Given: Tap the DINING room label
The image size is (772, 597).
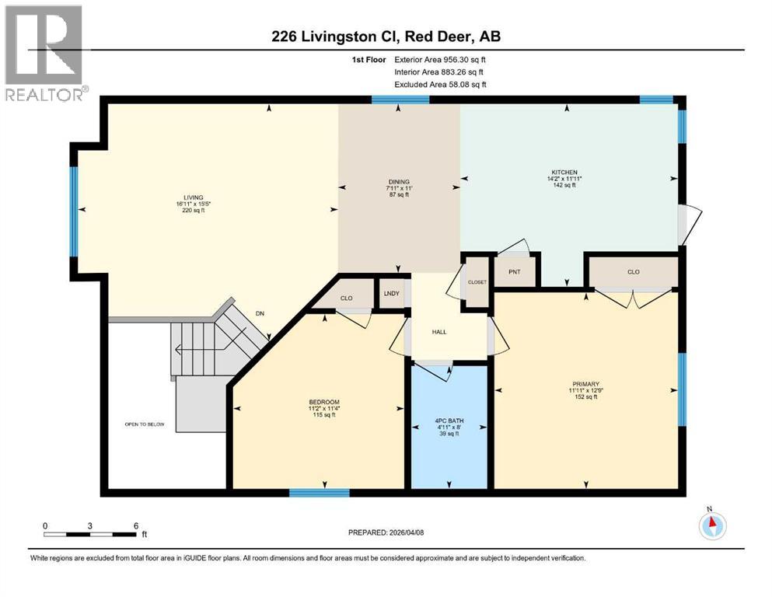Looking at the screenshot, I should point(399,182).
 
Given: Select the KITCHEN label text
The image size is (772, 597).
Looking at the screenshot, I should point(564,172).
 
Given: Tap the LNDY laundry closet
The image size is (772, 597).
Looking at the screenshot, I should point(393,293).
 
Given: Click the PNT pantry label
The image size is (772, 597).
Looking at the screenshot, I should point(514,271).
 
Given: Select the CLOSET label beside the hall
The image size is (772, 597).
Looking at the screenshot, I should point(477,282).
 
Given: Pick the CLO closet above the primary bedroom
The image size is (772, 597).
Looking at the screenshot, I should point(633,272).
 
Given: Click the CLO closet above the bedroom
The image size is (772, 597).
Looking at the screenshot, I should point(346,298).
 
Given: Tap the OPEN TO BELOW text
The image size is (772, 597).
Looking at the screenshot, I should point(145,424).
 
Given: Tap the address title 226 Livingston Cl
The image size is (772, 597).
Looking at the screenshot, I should point(386,37).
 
